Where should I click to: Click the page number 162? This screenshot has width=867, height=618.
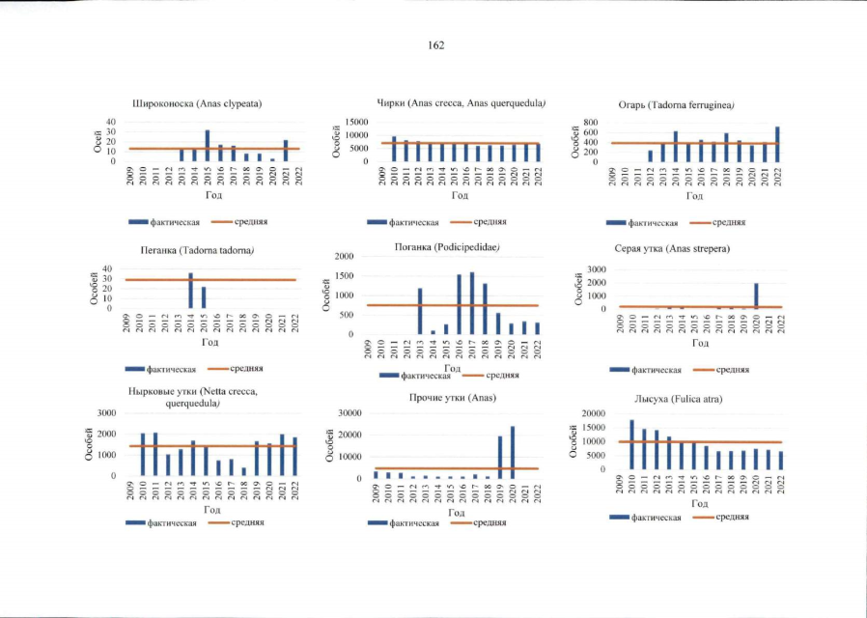coord(433,45)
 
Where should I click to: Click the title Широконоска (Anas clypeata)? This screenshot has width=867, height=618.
coord(198,103)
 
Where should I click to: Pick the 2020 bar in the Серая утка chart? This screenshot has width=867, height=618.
coord(755,296)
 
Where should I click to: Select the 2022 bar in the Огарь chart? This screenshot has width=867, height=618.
coord(777,145)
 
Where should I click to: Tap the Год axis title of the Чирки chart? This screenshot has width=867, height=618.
coord(460,196)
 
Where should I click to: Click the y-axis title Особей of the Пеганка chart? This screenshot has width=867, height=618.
coord(96,289)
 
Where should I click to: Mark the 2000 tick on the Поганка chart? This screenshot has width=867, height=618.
coord(349,257)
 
